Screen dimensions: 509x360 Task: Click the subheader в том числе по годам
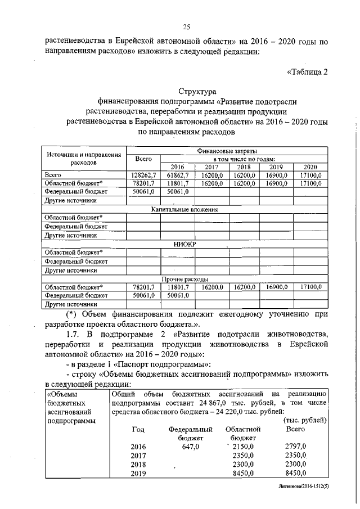tap(244, 160)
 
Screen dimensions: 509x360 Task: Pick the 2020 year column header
tap(310, 168)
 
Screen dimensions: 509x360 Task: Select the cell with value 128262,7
tap(143, 175)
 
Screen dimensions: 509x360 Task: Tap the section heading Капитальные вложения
tap(184, 209)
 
